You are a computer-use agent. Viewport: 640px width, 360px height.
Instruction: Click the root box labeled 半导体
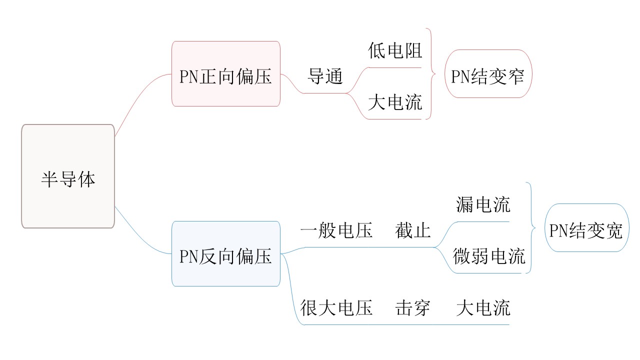[x=68, y=176]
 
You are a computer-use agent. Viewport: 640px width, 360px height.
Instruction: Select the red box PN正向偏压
[x=225, y=74]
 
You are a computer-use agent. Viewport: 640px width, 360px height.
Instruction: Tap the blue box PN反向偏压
[x=225, y=254]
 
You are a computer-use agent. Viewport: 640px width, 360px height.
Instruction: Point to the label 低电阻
[x=395, y=50]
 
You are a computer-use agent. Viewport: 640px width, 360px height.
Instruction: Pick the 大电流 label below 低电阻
[x=395, y=102]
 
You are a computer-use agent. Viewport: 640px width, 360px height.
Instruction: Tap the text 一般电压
[x=336, y=230]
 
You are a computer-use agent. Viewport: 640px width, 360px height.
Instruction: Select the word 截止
[x=412, y=230]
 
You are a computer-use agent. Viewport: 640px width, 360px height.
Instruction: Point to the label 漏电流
[x=483, y=204]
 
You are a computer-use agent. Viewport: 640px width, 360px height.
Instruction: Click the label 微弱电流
[x=489, y=256]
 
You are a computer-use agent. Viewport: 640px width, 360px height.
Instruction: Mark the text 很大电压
[x=336, y=307]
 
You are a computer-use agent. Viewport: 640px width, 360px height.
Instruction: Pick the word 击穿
[x=412, y=307]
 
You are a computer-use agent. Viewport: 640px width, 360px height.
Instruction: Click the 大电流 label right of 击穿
[x=483, y=307]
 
